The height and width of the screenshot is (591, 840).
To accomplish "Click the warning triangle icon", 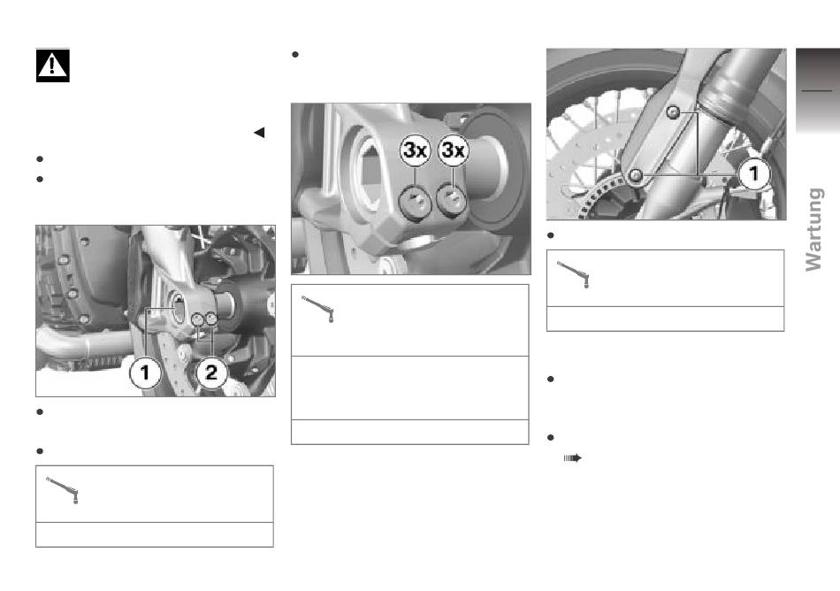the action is [52, 65].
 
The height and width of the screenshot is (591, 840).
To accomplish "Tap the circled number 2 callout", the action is [211, 372].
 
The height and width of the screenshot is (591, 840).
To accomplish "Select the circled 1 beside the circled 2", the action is [145, 372].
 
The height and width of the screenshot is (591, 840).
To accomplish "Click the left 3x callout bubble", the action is [416, 150].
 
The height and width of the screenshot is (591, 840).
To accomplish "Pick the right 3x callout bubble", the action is [454, 150].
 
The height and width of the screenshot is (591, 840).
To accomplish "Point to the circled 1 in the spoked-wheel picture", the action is [753, 173].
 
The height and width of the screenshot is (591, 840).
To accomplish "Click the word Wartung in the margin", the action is [813, 229].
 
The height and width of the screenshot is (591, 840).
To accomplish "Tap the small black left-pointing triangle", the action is [259, 133].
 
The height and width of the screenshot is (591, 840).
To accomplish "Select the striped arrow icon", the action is [573, 458].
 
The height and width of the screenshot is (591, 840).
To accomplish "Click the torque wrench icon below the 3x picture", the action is [318, 309].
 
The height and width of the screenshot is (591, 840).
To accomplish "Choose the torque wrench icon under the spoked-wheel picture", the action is [574, 274].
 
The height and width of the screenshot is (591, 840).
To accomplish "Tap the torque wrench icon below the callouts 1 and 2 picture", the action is [63, 490].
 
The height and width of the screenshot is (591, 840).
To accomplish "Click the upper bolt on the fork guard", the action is [674, 112].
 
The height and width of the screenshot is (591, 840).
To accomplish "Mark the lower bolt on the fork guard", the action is [636, 175].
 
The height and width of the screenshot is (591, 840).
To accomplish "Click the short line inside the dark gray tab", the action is [816, 91].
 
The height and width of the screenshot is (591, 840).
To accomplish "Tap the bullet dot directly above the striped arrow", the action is [550, 438].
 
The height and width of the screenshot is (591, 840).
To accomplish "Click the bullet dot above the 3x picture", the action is [294, 55].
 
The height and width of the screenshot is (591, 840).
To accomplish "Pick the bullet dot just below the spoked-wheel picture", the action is [550, 235].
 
